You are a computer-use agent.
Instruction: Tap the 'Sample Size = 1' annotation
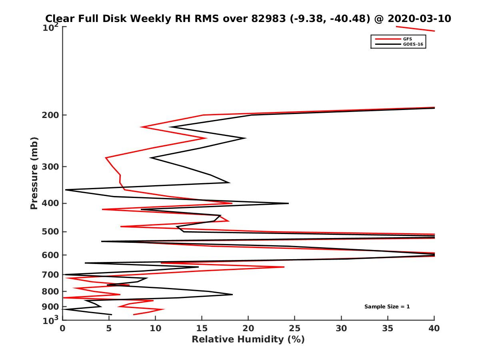(x=387, y=307)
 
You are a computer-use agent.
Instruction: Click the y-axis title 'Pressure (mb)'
(x=34, y=173)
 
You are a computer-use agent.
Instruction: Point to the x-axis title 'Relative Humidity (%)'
(x=248, y=340)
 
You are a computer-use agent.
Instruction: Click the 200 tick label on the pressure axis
(x=50, y=115)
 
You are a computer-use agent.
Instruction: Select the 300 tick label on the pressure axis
(x=50, y=167)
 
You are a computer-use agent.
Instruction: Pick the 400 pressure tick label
(x=50, y=203)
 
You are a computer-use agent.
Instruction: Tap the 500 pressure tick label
(x=50, y=232)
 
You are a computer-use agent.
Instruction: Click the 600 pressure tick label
(x=50, y=255)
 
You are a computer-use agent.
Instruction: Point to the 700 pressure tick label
(x=50, y=275)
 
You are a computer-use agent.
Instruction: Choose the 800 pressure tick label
(x=50, y=292)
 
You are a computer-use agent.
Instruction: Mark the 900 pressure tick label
(x=50, y=307)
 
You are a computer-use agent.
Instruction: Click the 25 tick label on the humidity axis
(x=295, y=328)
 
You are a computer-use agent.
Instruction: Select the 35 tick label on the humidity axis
(x=388, y=328)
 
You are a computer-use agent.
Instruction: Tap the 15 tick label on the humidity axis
(x=202, y=328)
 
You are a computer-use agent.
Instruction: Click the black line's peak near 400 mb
(x=288, y=203)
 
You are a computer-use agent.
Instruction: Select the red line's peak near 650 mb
(x=284, y=267)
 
